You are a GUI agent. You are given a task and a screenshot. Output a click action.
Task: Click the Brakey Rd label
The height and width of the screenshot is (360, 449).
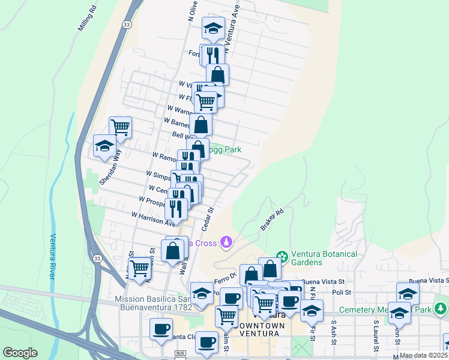click(272, 220)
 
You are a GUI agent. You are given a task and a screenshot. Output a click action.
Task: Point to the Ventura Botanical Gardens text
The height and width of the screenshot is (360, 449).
click(324, 257)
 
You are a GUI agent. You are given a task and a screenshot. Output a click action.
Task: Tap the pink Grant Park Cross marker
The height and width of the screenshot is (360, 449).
click(226, 242)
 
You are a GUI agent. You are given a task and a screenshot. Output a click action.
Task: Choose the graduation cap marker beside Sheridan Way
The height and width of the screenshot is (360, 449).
click(104, 146)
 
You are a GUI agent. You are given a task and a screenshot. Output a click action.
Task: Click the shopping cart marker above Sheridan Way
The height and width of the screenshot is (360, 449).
click(120, 127)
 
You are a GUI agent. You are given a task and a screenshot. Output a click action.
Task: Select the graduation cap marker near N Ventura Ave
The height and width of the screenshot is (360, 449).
click(212, 28)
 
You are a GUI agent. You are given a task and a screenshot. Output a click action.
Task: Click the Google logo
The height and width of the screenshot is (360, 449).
click(20, 353)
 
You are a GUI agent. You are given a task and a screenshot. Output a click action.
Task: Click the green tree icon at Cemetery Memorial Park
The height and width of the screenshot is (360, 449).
click(441, 309)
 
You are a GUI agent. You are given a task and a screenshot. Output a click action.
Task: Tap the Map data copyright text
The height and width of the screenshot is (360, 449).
click(423, 355)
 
